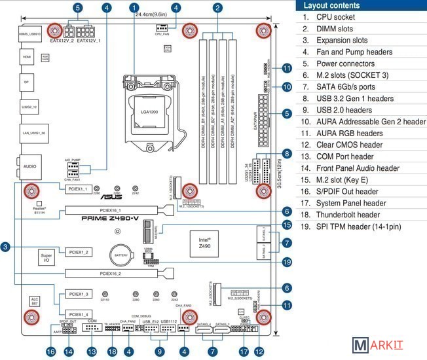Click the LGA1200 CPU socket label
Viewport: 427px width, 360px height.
153,112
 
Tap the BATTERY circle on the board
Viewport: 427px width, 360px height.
121,255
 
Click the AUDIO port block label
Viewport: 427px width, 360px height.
30,166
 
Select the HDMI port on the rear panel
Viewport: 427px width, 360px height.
27,58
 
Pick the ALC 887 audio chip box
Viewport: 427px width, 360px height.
35,302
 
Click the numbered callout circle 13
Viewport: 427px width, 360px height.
92,351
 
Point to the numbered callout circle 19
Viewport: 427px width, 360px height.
287,262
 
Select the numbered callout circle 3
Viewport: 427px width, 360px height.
5,247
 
